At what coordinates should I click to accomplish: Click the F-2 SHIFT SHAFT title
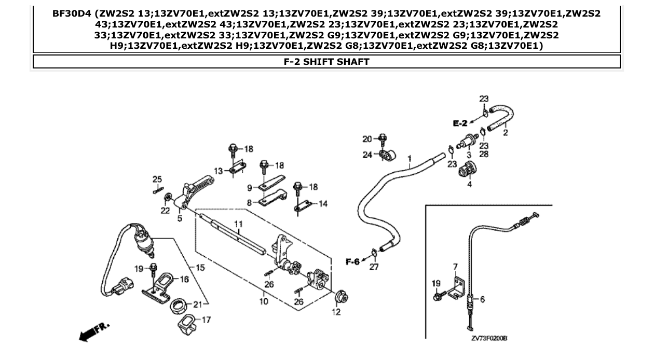[x=326, y=62]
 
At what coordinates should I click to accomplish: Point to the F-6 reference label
[x=352, y=261]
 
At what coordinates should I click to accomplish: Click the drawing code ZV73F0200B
[x=489, y=338]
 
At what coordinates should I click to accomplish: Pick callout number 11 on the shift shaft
[x=238, y=224]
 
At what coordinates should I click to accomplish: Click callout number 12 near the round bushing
[x=336, y=312]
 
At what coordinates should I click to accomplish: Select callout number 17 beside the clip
[x=206, y=320]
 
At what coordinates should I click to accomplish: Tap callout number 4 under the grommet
[x=469, y=184]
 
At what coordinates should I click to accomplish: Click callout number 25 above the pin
[x=157, y=179]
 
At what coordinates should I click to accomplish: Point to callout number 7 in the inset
[x=455, y=267]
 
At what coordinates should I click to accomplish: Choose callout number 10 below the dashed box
[x=264, y=301]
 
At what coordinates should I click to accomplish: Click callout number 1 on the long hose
[x=409, y=157]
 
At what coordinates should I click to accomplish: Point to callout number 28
[x=484, y=154]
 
